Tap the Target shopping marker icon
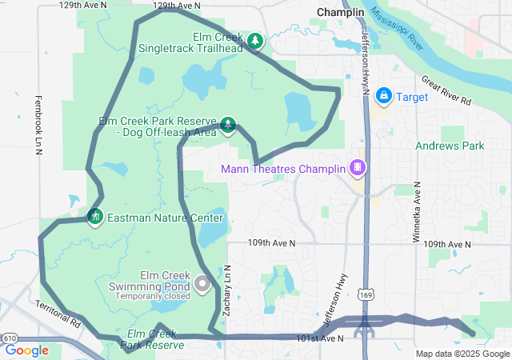click(x=384, y=96)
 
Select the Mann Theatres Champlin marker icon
click(x=357, y=168)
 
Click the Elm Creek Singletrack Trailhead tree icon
click(x=255, y=40)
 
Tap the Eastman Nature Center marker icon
click(x=95, y=217)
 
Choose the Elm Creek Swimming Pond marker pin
click(x=202, y=283)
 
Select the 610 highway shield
click(x=11, y=338)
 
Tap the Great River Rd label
click(x=446, y=90)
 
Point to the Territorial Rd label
click(x=58, y=315)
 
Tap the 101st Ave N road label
click(x=320, y=338)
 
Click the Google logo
click(x=27, y=350)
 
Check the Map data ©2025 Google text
click(x=462, y=354)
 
